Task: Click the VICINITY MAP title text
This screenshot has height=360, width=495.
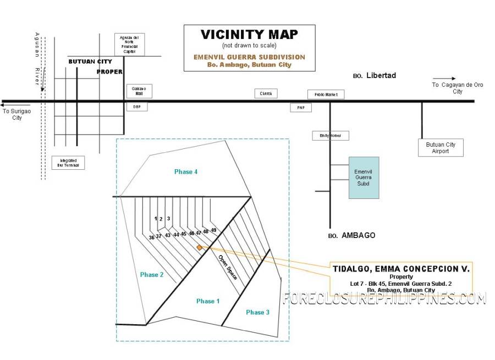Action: click(x=249, y=35)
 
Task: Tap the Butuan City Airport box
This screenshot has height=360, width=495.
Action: click(x=441, y=148)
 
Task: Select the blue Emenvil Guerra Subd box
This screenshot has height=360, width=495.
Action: click(x=363, y=178)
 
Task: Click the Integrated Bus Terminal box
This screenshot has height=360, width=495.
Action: click(x=69, y=162)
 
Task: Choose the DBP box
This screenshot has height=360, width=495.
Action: click(x=137, y=107)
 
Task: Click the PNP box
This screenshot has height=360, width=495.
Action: click(x=300, y=108)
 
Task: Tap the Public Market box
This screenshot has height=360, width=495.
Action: click(x=326, y=95)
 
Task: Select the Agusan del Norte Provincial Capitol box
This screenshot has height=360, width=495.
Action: click(x=129, y=45)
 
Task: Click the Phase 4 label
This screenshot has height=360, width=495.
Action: click(x=186, y=172)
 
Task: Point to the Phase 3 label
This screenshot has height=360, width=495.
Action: click(x=258, y=312)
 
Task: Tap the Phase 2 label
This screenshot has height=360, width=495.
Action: click(x=152, y=275)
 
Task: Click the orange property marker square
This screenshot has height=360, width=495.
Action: click(x=199, y=248)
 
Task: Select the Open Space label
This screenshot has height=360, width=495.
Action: click(x=228, y=268)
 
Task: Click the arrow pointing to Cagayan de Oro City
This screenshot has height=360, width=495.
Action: click(x=444, y=79)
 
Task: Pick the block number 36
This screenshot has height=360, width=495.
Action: click(x=151, y=237)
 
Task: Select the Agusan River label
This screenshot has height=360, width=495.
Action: click(x=37, y=58)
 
